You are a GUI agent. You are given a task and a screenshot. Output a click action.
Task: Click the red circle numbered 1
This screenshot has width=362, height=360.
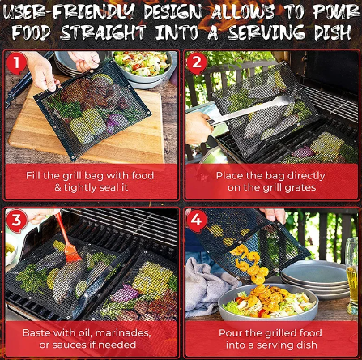coord(16,62)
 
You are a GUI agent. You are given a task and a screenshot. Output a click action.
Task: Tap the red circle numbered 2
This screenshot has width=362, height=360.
coord(197,62)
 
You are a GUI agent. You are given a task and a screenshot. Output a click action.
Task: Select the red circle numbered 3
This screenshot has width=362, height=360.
coord(16,220)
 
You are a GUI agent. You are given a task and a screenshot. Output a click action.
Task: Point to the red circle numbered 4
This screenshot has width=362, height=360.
coord(196,220)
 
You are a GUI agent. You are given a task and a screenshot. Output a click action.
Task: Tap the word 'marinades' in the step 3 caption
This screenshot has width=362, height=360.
coord(123,332)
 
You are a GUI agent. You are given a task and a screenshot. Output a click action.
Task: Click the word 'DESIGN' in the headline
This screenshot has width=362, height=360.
coord(173,12)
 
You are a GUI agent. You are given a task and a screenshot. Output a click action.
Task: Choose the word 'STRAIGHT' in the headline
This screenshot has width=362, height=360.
coord(104,32)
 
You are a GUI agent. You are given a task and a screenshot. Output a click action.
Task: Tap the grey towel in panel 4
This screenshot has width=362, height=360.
coord(209,286)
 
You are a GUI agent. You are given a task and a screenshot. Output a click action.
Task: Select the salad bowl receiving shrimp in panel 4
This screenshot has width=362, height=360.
coord(268,302)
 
